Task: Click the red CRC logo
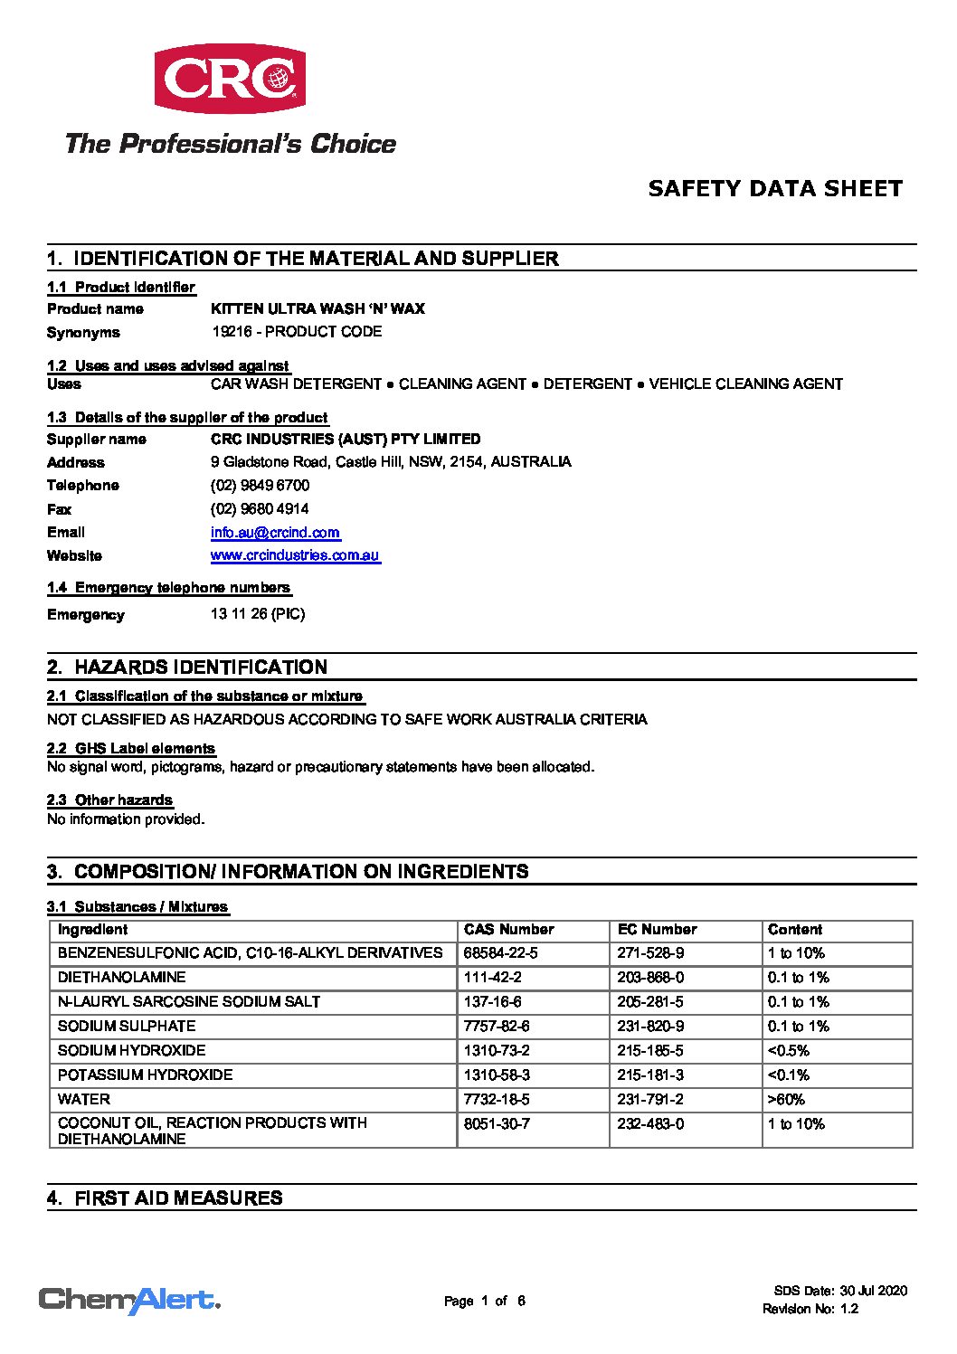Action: [x=230, y=79]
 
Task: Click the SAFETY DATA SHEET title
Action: [x=775, y=189]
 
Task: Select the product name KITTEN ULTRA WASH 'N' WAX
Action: [x=317, y=309]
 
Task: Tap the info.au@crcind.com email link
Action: [x=275, y=533]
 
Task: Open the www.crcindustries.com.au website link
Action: [x=295, y=555]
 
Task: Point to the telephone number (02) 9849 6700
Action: [x=260, y=486]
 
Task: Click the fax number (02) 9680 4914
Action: [x=260, y=509]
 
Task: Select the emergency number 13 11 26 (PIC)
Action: [x=258, y=614]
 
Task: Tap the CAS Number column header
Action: [x=508, y=930]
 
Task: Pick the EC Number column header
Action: [x=657, y=930]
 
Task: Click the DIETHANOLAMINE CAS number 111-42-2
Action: [x=492, y=978]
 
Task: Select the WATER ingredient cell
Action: [x=84, y=1100]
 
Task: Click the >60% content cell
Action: [x=786, y=1100]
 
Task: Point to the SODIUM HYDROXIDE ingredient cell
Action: [x=132, y=1051]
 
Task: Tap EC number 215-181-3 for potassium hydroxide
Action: [x=650, y=1075]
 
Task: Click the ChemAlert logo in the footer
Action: [x=129, y=1301]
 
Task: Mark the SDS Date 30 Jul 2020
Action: [x=840, y=1291]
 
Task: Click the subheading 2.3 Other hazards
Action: [x=109, y=800]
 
